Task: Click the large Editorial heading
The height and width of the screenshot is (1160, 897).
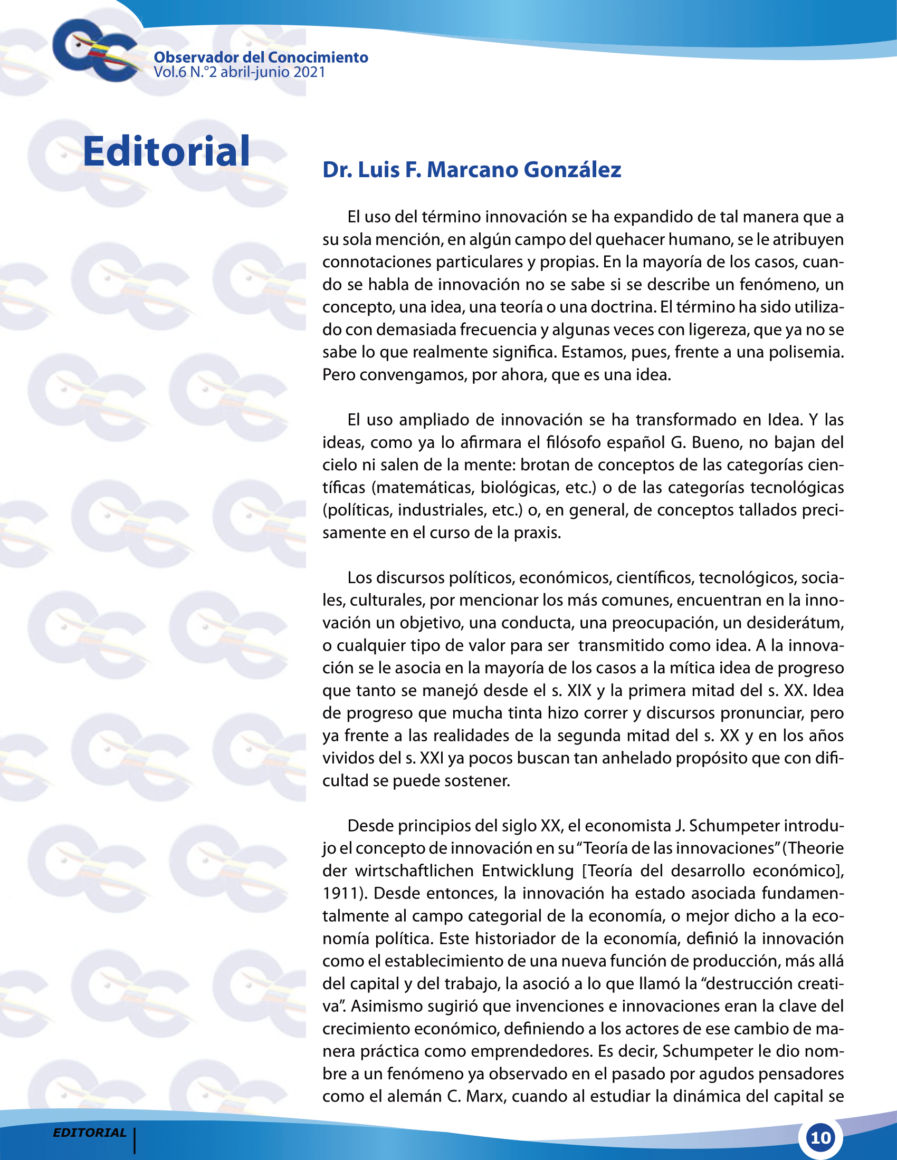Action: click(x=166, y=151)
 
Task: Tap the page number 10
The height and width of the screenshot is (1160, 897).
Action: click(x=820, y=1138)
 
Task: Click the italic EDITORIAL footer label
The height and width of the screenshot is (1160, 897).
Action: click(x=89, y=1132)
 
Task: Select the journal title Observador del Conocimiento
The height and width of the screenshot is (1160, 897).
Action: click(x=260, y=57)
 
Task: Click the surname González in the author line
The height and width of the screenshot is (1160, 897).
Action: click(x=572, y=170)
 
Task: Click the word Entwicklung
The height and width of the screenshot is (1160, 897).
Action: click(x=528, y=871)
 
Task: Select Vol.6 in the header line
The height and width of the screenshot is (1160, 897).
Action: click(x=170, y=72)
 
